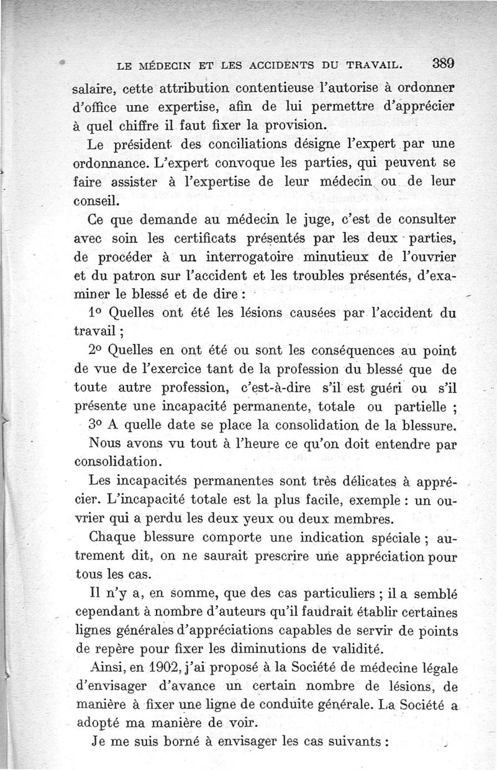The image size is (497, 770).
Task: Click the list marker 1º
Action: point(93,314)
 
